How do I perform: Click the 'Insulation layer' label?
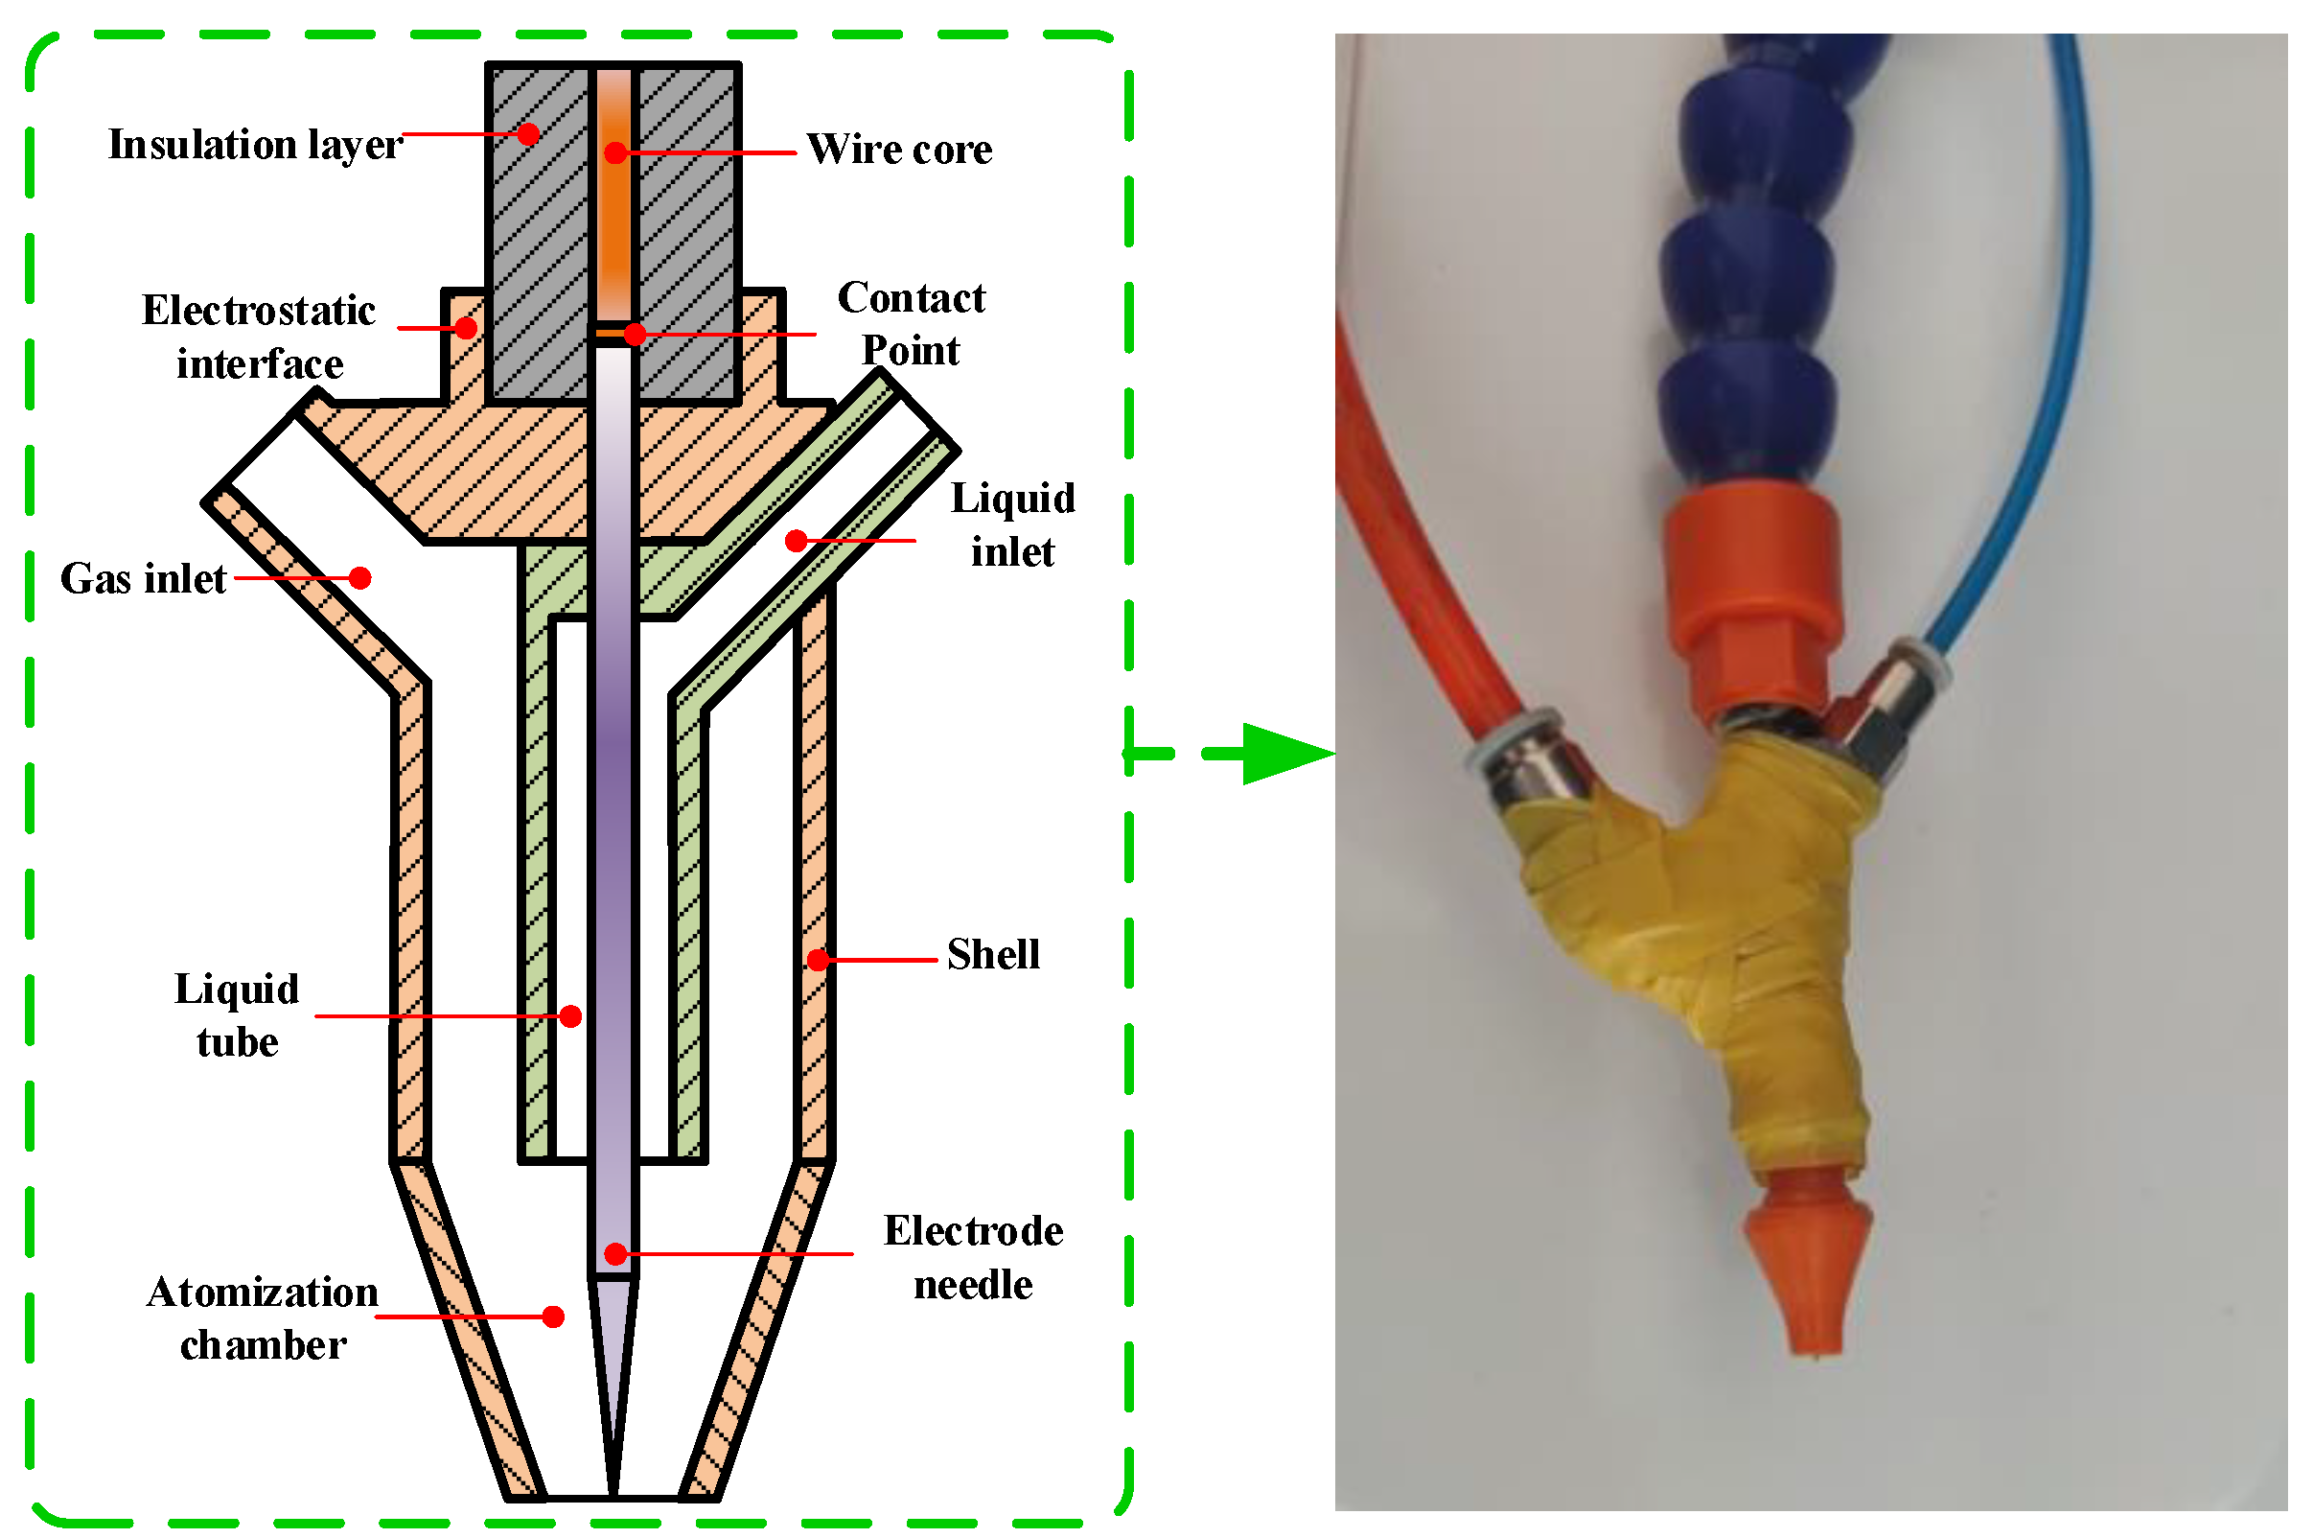tap(254, 145)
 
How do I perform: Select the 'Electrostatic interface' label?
tap(259, 337)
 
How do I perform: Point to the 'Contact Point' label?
tap(911, 324)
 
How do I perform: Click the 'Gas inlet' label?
tap(143, 579)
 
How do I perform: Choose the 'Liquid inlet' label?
tap(1013, 524)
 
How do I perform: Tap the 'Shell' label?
tap(993, 954)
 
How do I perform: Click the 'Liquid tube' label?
tap(238, 1015)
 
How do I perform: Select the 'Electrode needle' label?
tap(973, 1257)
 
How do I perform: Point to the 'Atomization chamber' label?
tap(263, 1318)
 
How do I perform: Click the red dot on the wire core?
tap(615, 153)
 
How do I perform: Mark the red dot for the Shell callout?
tap(818, 960)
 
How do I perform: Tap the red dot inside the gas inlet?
tap(359, 579)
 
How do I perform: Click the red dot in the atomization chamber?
tap(553, 1317)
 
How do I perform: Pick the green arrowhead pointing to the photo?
tap(1284, 755)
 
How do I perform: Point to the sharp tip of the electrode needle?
tap(613, 1491)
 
